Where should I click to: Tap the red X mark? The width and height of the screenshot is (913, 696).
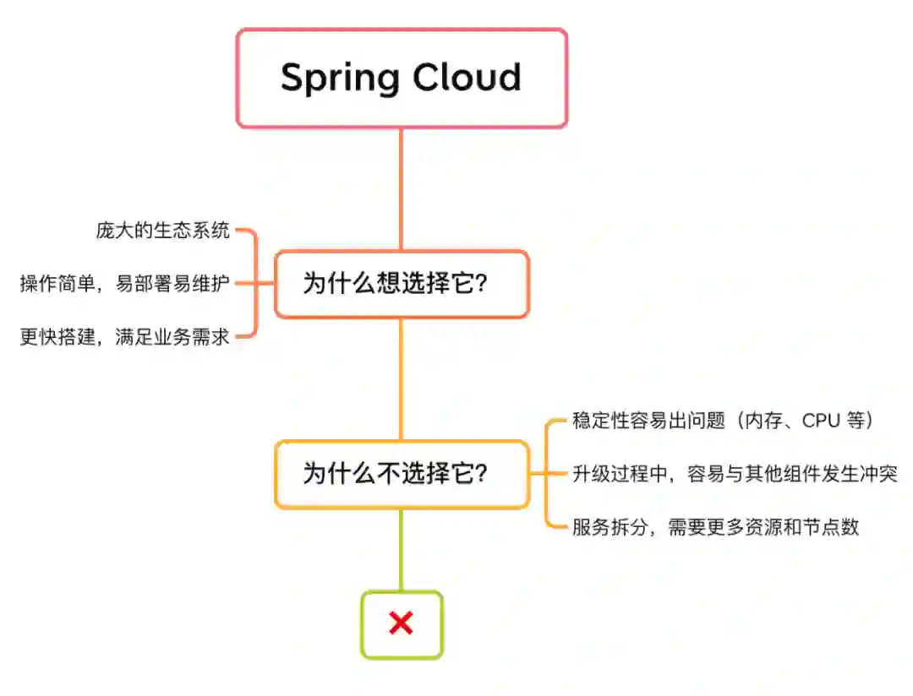[x=402, y=623]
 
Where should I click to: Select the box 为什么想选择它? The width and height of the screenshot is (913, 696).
[x=402, y=284]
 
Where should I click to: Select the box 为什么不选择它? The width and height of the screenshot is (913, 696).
[x=402, y=474]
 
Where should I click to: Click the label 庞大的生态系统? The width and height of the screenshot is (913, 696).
[x=162, y=231]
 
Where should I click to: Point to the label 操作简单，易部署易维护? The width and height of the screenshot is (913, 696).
[x=125, y=284]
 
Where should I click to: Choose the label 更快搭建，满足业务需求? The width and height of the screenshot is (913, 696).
[x=125, y=337]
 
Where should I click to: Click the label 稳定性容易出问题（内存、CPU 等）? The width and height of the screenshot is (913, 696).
[x=723, y=421]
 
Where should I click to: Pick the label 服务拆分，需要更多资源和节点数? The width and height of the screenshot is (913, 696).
[x=715, y=527]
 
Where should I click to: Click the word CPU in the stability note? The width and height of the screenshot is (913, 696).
[x=819, y=421]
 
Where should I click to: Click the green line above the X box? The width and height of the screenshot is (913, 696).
[x=402, y=549]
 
